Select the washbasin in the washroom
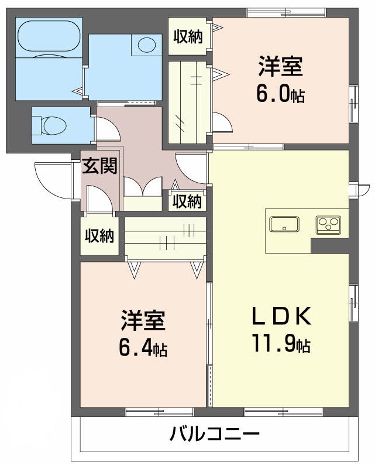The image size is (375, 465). [147, 45]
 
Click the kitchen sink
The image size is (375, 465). [284, 224]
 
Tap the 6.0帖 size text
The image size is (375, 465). [281, 94]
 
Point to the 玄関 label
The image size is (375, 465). [99, 166]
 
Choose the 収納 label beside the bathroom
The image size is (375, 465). [188, 36]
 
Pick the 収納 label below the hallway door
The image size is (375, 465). [187, 201]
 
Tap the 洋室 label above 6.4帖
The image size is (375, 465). [143, 321]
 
